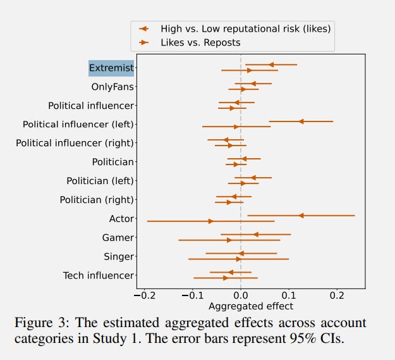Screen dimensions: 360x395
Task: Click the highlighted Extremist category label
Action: coord(111,68)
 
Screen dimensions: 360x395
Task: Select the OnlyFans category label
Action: coord(112,87)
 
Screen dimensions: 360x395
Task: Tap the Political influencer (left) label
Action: coord(78,124)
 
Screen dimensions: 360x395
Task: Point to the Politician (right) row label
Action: coord(97,200)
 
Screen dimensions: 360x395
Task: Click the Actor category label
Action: coord(121,219)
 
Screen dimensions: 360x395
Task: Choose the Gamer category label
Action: coord(118,238)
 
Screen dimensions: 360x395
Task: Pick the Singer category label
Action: coord(119,257)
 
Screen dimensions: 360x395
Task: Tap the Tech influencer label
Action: coord(99,276)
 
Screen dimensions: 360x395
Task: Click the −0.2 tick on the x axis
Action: coord(145,295)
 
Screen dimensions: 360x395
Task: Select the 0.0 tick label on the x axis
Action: coord(241,295)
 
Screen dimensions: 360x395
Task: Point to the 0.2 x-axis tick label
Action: coord(337,295)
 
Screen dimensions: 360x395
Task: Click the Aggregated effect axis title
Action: coord(251,306)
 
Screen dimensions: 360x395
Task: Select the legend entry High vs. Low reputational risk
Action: coord(246,28)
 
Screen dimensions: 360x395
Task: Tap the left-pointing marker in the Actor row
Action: coord(301,216)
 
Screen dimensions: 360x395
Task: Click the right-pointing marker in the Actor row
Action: coord(210,221)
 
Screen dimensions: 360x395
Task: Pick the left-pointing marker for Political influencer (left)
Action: coord(301,121)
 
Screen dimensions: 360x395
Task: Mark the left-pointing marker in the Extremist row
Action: coord(271,65)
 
